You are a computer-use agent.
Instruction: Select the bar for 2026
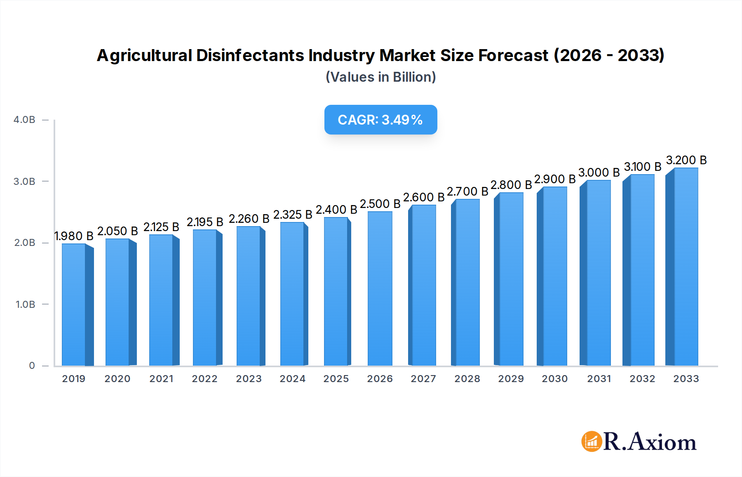(x=380, y=289)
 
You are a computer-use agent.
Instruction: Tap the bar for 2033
(x=686, y=267)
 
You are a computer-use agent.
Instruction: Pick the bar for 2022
(x=205, y=298)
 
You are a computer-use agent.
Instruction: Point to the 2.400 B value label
(x=336, y=210)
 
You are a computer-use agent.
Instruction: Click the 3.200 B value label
(x=686, y=160)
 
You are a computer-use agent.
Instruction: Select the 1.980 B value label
(x=74, y=236)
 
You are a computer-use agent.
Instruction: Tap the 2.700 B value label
(x=467, y=191)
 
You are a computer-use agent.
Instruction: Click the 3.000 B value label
(x=599, y=172)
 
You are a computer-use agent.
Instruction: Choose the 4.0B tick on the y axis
(x=24, y=120)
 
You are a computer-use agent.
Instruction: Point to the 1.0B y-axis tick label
(x=25, y=305)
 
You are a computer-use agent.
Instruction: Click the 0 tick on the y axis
(x=32, y=366)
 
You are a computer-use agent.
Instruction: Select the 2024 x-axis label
(x=292, y=379)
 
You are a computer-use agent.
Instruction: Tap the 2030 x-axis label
(x=554, y=379)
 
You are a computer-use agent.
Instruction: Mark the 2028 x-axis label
(x=467, y=379)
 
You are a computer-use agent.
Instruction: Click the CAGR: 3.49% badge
(x=380, y=120)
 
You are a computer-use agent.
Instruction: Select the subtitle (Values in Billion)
(x=380, y=77)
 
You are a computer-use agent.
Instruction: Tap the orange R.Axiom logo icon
(x=592, y=442)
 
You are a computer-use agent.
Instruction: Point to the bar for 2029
(x=511, y=279)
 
